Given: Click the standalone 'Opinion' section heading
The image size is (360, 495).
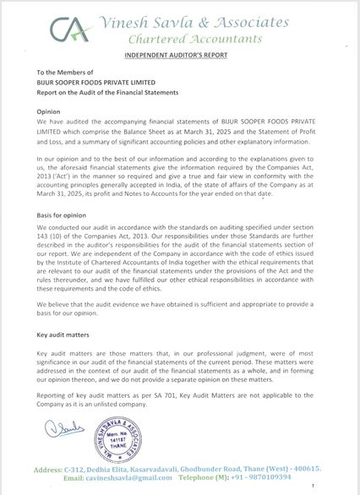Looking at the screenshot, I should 49,111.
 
